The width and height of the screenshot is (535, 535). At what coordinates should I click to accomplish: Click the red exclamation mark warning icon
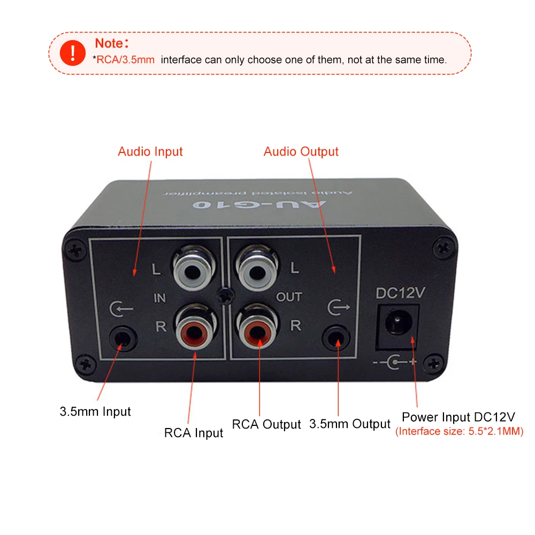[x=73, y=53]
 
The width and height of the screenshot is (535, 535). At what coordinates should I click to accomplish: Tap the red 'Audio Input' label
[x=150, y=151]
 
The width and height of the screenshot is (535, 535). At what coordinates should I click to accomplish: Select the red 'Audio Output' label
[x=301, y=151]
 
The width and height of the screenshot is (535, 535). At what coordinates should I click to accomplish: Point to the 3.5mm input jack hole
[x=123, y=338]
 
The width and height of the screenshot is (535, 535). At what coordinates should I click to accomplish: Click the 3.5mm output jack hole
[x=337, y=338]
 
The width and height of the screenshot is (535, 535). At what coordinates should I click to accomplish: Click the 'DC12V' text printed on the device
[x=400, y=293]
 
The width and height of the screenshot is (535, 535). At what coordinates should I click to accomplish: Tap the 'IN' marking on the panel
[x=159, y=298]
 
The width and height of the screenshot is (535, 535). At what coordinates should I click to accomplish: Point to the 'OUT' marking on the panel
[x=289, y=297]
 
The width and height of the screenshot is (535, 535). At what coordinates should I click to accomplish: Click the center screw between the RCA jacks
[x=226, y=296]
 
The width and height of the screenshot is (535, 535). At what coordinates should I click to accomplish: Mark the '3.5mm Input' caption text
[x=95, y=412]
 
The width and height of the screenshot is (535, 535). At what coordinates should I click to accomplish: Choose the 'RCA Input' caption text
[x=194, y=433]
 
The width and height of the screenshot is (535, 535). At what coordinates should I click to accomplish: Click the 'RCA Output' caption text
[x=266, y=424]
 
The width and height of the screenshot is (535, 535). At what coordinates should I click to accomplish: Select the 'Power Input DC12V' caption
[x=458, y=417]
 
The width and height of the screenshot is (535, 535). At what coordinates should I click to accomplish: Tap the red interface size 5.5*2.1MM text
[x=459, y=431]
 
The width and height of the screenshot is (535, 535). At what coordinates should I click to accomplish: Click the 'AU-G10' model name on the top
[x=259, y=204]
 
